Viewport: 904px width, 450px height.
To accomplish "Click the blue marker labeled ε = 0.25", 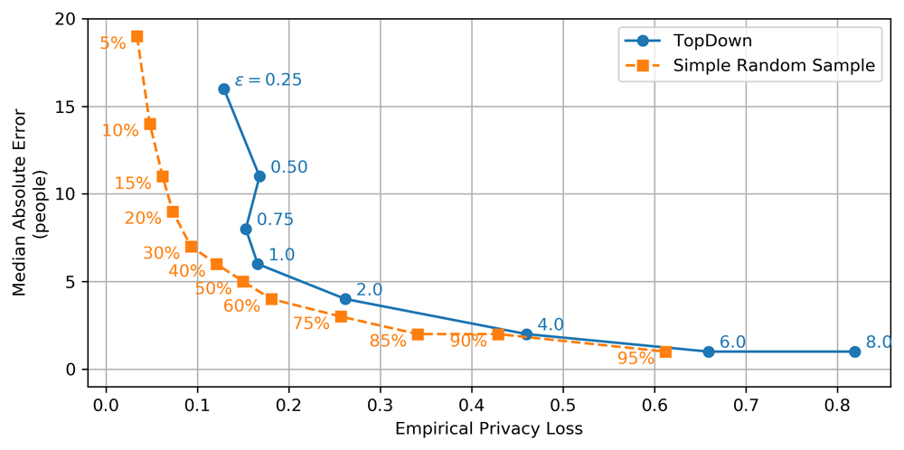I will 223,89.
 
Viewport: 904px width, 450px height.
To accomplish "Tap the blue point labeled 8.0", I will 854,352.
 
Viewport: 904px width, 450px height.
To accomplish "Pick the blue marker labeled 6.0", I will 708,352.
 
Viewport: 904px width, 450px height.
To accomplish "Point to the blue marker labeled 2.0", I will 345,299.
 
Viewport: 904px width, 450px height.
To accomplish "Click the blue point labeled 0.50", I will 259,176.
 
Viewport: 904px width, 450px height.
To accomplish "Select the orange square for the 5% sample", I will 137,36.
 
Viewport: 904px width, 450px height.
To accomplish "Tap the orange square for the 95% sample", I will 665,352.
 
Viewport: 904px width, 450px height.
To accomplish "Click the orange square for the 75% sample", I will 341,316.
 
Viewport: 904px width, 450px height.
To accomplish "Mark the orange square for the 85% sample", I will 418,334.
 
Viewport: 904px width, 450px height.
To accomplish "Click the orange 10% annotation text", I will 120,130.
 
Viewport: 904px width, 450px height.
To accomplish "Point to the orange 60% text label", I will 241,305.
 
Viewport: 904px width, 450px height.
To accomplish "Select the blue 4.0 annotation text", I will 551,324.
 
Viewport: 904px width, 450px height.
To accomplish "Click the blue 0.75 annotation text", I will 275,220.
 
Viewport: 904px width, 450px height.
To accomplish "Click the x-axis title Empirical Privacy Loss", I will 488,428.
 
